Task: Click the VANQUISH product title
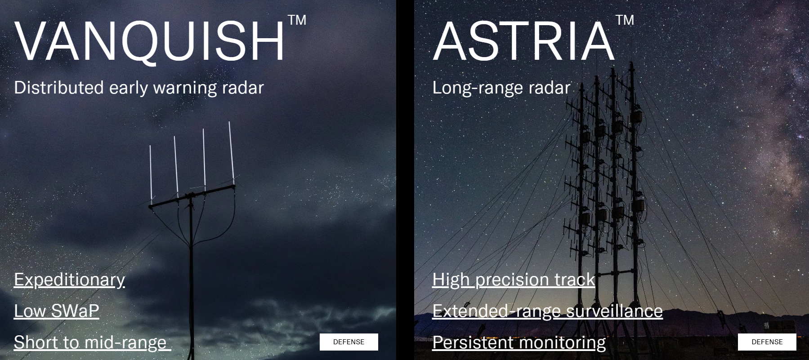(150, 40)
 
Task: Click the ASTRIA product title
(523, 40)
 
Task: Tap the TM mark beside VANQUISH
(297, 20)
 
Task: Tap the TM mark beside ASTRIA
(625, 20)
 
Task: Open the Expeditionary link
(70, 280)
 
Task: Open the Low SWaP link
(57, 311)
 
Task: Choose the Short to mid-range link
(92, 342)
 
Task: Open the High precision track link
(514, 280)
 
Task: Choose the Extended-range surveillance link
(548, 311)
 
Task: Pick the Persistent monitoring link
(519, 342)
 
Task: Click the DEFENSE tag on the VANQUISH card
(349, 342)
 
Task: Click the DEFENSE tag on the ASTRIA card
(767, 342)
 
